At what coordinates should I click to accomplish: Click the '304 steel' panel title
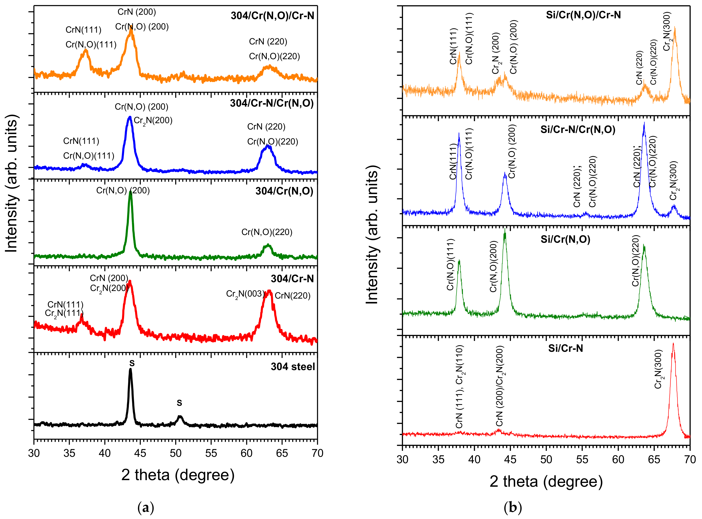tap(293, 367)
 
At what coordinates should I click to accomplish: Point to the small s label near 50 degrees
tap(179, 403)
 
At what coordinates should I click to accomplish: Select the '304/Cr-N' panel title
tap(292, 279)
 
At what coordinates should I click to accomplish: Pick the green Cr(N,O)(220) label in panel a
tap(267, 232)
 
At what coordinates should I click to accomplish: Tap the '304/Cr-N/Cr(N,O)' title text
tap(272, 103)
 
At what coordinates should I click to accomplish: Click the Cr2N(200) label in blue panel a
tap(153, 121)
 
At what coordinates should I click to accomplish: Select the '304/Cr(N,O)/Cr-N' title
tap(273, 16)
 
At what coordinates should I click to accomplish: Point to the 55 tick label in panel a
tap(211, 453)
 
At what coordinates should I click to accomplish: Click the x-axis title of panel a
tap(178, 475)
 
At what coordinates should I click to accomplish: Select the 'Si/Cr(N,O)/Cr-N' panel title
tap(583, 15)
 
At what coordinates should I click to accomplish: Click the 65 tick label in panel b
tap(654, 460)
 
